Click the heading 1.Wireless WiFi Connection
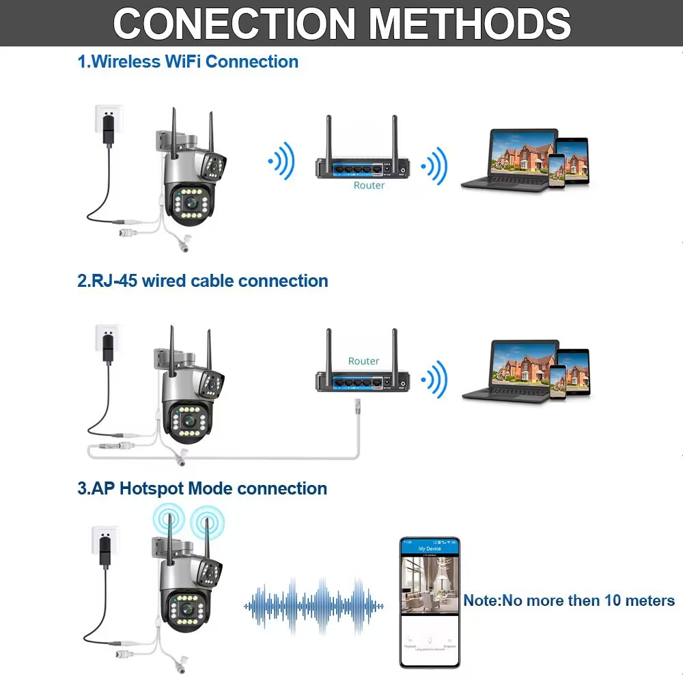188,61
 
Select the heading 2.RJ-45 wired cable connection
203,281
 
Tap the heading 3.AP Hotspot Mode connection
202,488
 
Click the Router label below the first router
369,185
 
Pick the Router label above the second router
363,361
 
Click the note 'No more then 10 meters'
569,600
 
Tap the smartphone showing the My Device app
430,602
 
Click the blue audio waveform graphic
314,605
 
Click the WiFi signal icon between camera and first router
281,162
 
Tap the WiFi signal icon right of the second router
434,380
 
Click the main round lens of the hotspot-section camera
186,607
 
